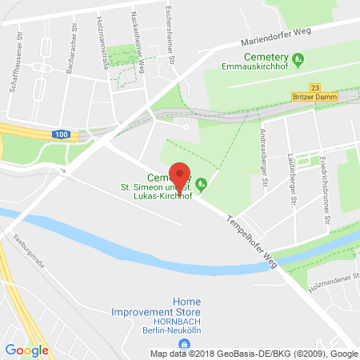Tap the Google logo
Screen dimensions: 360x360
pyautogui.click(x=26, y=350)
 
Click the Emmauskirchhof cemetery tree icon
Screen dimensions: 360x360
pyautogui.click(x=298, y=58)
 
